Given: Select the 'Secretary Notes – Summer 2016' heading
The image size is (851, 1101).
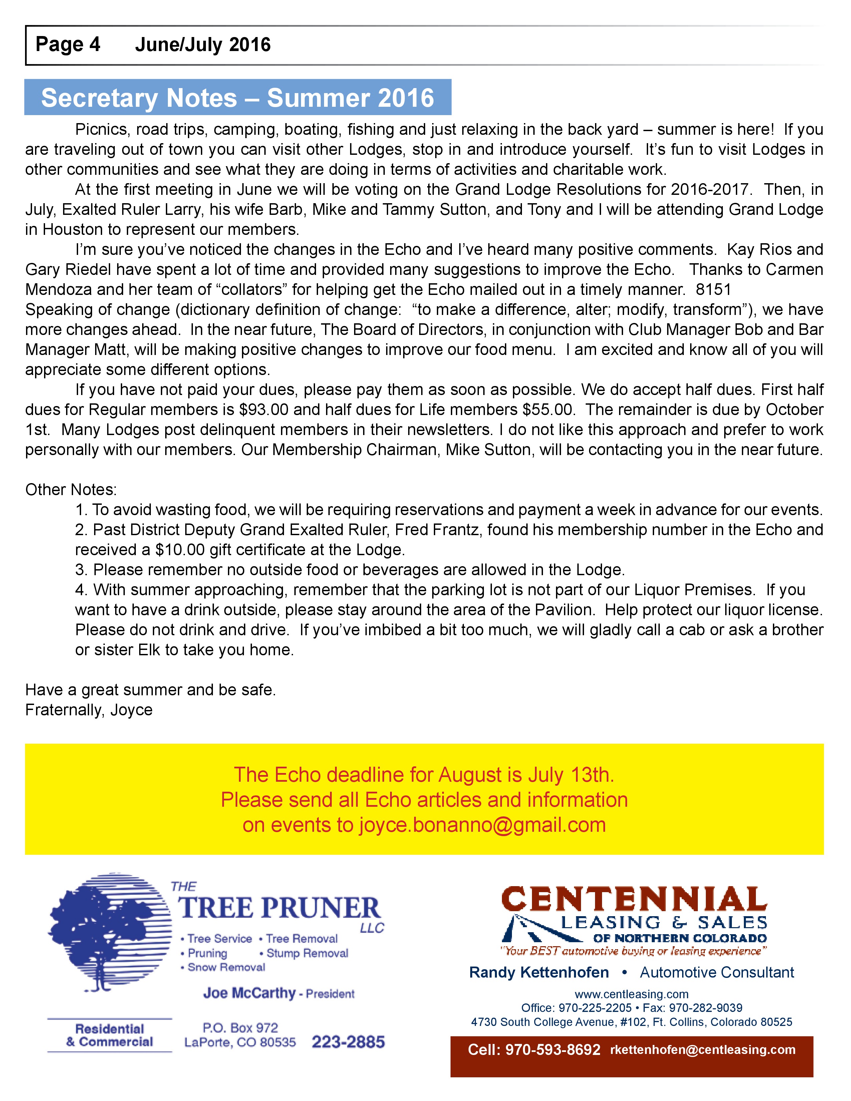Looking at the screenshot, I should pos(238,98).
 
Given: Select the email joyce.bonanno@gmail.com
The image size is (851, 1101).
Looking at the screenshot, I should pos(482,825).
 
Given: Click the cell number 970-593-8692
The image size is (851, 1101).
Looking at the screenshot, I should pos(553,1050).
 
